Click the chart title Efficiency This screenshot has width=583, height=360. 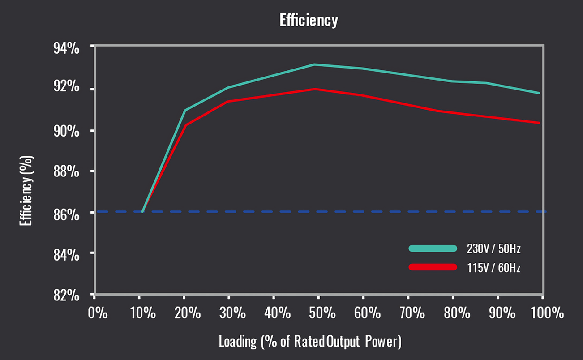[309, 21]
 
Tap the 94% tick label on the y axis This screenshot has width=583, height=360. [66, 48]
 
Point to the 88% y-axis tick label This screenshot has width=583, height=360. [66, 172]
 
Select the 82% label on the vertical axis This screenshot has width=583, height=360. [66, 295]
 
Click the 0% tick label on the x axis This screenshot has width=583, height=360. [98, 313]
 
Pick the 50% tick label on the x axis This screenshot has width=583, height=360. [322, 313]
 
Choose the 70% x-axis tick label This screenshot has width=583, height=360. [412, 313]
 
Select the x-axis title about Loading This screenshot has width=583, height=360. [310, 342]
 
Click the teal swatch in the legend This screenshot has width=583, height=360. [433, 249]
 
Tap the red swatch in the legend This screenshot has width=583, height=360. [433, 267]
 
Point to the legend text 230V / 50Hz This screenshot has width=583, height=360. [491, 249]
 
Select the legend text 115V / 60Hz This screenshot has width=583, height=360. [491, 268]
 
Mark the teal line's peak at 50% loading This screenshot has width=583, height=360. [314, 64]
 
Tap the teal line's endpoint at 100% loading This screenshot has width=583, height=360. [539, 93]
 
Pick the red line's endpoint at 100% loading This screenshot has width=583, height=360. [539, 123]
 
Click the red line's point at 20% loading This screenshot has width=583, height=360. [185, 125]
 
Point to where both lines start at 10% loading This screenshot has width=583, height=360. [142, 211]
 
